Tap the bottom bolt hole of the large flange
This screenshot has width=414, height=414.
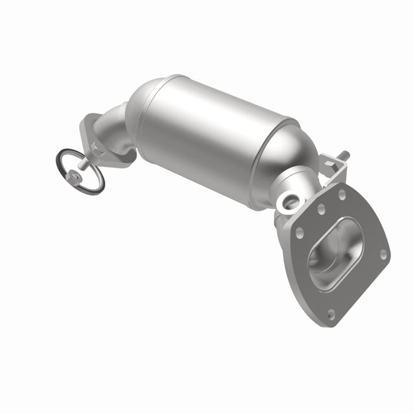331,313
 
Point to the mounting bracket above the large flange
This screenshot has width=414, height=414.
336,172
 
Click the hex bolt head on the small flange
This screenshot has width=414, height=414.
96,151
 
